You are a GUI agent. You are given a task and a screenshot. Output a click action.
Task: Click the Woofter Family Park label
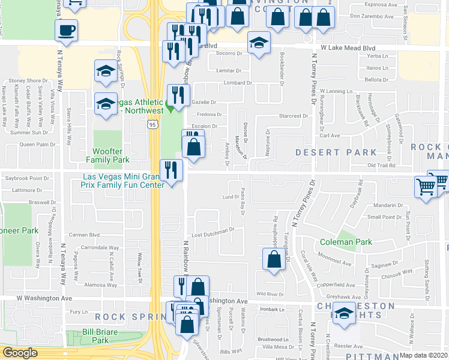[x=107, y=156]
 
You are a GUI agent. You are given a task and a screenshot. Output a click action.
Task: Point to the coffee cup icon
[x=65, y=30]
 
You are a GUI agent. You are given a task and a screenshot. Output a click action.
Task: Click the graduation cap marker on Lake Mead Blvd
[x=259, y=43]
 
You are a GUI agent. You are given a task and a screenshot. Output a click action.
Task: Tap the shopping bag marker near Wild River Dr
[x=274, y=260]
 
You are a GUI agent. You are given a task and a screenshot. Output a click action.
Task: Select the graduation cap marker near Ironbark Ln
[x=344, y=314]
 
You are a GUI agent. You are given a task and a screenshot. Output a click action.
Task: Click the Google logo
[x=20, y=353]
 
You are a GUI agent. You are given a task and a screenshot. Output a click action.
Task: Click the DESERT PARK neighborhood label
[x=336, y=152]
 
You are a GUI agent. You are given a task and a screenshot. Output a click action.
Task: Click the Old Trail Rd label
[x=382, y=165]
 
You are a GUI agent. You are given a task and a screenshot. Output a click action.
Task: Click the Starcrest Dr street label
[x=294, y=116]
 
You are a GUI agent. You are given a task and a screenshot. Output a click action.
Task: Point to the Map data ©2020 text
[x=423, y=355]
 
